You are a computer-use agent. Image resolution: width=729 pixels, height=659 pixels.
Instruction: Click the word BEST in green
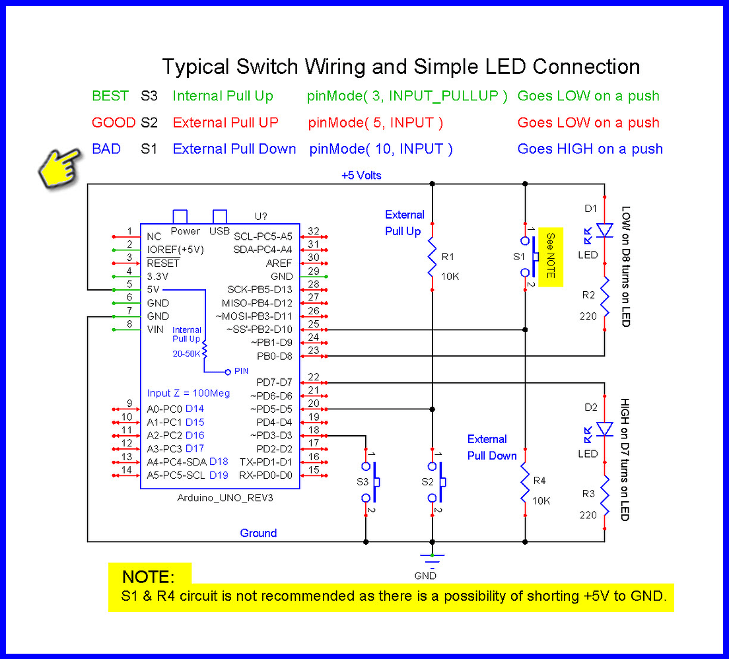(110, 96)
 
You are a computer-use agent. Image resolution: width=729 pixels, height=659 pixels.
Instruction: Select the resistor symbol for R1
(432, 258)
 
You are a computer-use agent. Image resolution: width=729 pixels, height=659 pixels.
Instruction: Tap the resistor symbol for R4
(524, 482)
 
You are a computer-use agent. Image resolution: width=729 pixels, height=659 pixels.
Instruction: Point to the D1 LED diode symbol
(604, 230)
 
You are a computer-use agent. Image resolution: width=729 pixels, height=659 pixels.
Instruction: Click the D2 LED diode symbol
(604, 429)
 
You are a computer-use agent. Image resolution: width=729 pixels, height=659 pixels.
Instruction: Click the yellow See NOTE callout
(550, 256)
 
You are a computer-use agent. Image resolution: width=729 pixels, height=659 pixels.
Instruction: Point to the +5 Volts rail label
(361, 176)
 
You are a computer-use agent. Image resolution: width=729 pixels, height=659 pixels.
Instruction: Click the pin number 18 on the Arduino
(314, 431)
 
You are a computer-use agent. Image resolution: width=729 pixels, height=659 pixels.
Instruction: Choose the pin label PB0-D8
(274, 356)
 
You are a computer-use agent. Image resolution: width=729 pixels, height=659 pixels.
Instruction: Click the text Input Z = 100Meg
(188, 394)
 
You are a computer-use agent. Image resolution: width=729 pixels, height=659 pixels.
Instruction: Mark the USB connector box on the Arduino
(219, 217)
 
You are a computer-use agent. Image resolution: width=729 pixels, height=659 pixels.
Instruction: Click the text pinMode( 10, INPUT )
(381, 149)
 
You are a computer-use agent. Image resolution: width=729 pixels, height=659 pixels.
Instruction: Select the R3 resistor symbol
(604, 504)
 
